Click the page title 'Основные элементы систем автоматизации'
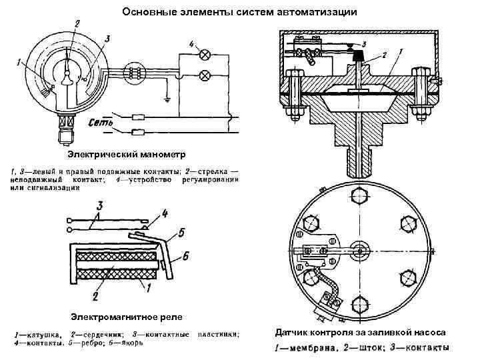(241, 13)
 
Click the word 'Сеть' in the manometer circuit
(102, 122)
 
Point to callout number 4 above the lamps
(192, 45)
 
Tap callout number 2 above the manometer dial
(78, 25)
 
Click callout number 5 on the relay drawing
(181, 233)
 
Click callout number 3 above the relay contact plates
(99, 205)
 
